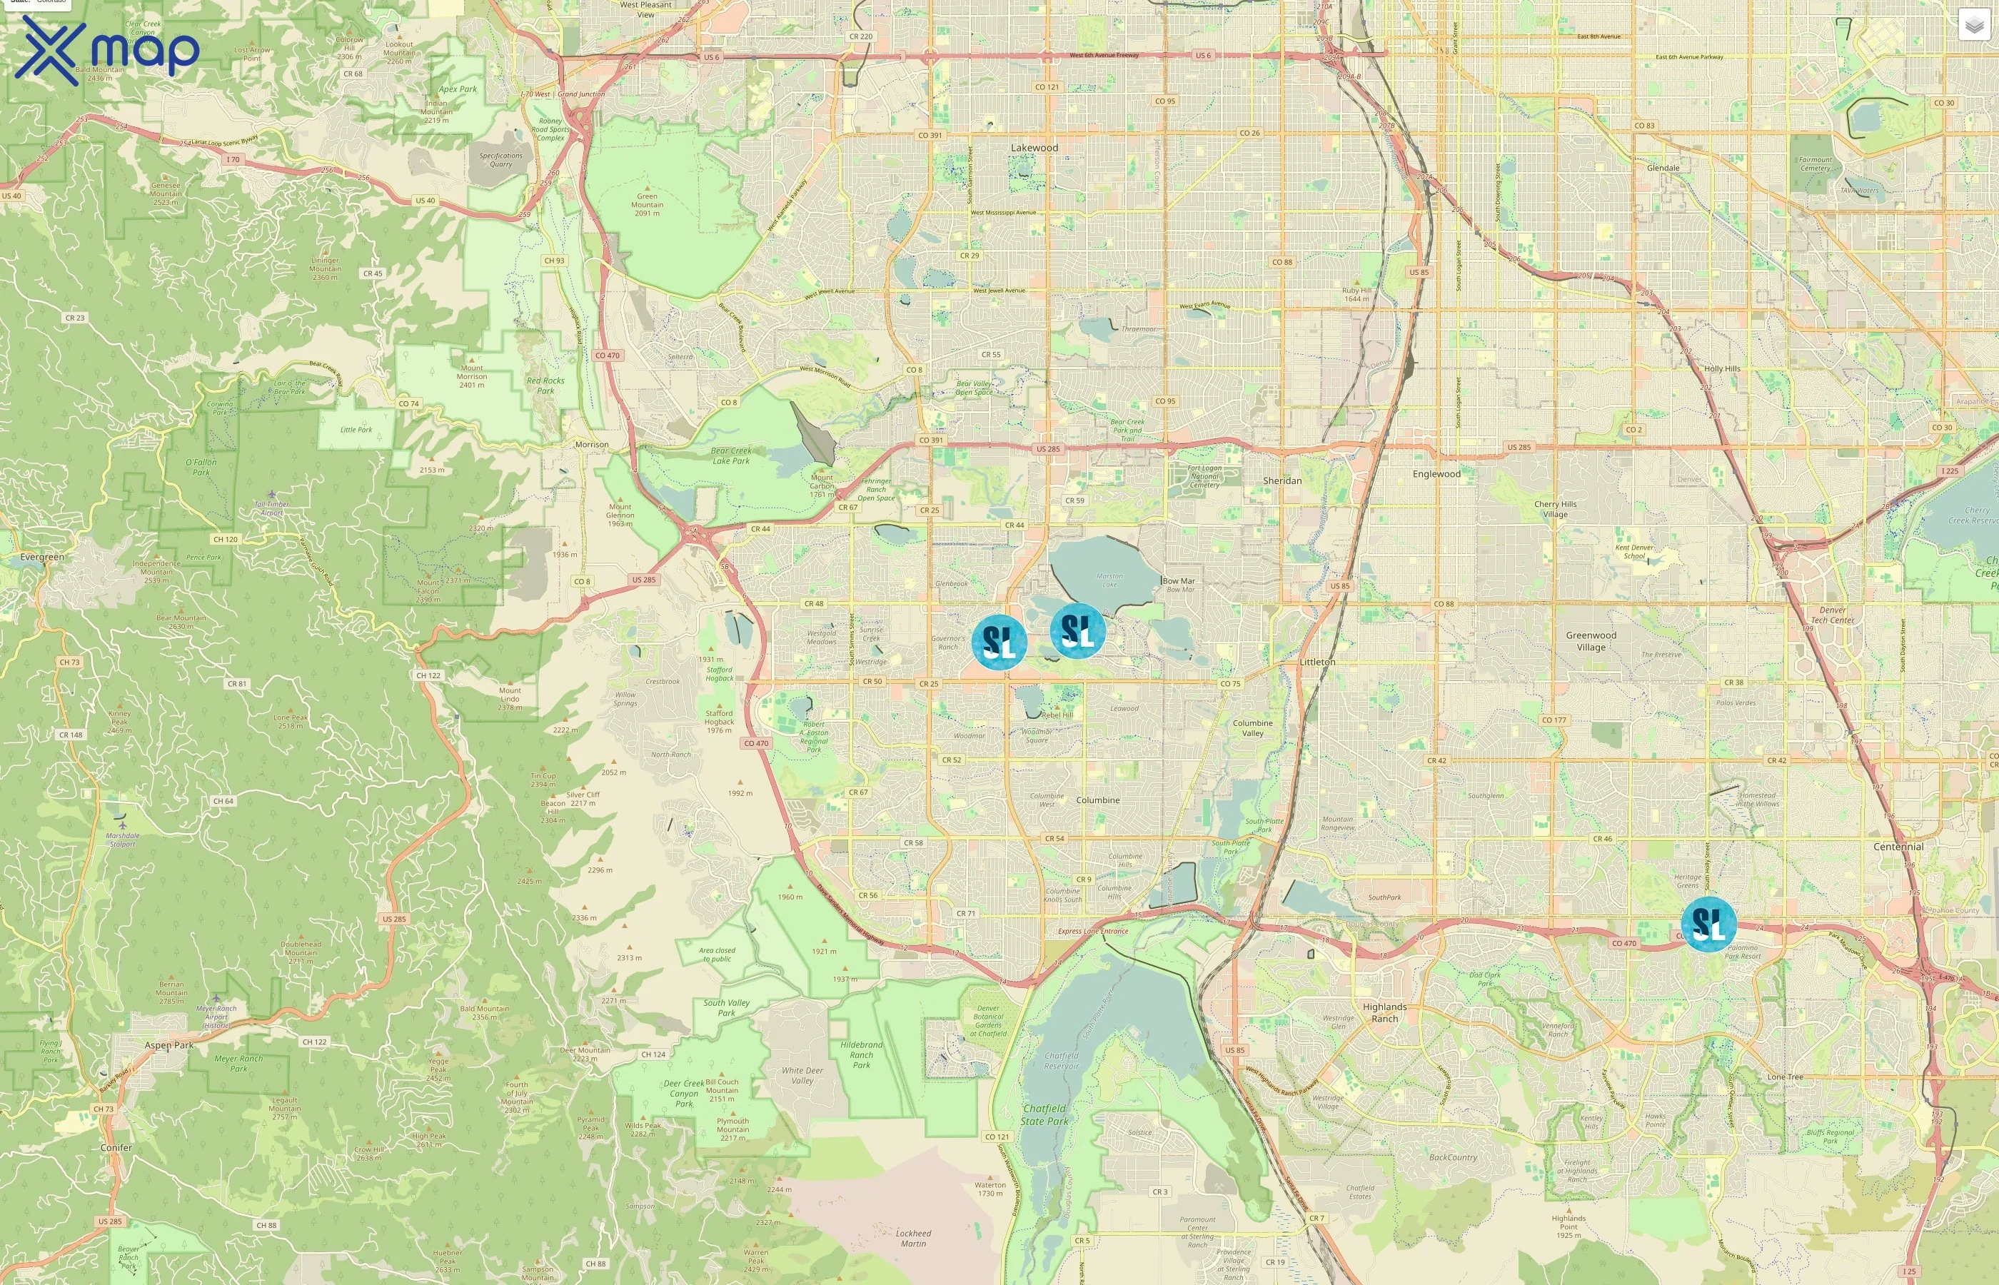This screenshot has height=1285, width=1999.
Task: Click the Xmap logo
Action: pyautogui.click(x=107, y=50)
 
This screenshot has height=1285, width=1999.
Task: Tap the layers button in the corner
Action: pyautogui.click(x=1973, y=26)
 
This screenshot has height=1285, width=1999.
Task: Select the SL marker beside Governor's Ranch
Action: pyautogui.click(x=999, y=642)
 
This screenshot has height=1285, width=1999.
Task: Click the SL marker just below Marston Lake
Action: pyautogui.click(x=1077, y=631)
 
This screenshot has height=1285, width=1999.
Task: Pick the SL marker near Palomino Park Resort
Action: pyautogui.click(x=1708, y=924)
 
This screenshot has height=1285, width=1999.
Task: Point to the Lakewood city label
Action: pyautogui.click(x=1034, y=148)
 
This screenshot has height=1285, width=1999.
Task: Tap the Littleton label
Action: pyautogui.click(x=1316, y=662)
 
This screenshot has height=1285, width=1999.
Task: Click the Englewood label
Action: pyautogui.click(x=1436, y=474)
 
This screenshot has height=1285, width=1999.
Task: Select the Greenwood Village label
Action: pyautogui.click(x=1590, y=641)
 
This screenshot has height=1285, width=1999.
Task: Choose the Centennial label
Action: pyautogui.click(x=1898, y=846)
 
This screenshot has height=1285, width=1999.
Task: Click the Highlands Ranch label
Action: pyautogui.click(x=1384, y=1012)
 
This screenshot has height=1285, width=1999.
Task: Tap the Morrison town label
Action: pyautogui.click(x=592, y=445)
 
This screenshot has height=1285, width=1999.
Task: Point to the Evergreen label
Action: pyautogui.click(x=41, y=557)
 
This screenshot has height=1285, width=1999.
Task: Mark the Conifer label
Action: pyautogui.click(x=116, y=1147)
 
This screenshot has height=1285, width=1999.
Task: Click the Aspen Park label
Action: pyautogui.click(x=168, y=1044)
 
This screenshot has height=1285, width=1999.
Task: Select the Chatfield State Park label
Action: pyautogui.click(x=1044, y=1115)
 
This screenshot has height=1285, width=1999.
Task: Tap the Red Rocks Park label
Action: pyautogui.click(x=545, y=385)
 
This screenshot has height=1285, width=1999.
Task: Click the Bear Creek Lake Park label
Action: pyautogui.click(x=730, y=455)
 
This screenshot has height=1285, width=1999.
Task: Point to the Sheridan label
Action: pyautogui.click(x=1282, y=480)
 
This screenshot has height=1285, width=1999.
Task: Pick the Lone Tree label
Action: pyautogui.click(x=1785, y=1077)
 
